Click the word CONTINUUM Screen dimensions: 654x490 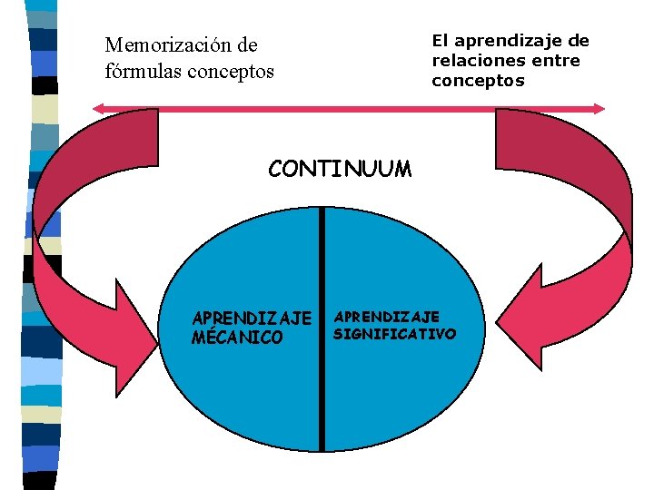click(x=340, y=169)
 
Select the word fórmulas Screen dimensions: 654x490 click(x=142, y=70)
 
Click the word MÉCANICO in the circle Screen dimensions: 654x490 click(x=237, y=338)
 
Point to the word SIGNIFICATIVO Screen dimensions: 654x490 click(x=394, y=334)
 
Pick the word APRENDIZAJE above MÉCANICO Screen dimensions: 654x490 click(x=252, y=318)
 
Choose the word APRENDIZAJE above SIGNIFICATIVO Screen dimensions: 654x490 click(x=387, y=317)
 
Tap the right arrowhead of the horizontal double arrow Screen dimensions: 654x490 click(x=599, y=108)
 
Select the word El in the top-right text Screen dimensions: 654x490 click(x=440, y=41)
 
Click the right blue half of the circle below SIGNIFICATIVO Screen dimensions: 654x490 click(x=400, y=399)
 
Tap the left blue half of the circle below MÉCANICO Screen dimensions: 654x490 click(x=245, y=399)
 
